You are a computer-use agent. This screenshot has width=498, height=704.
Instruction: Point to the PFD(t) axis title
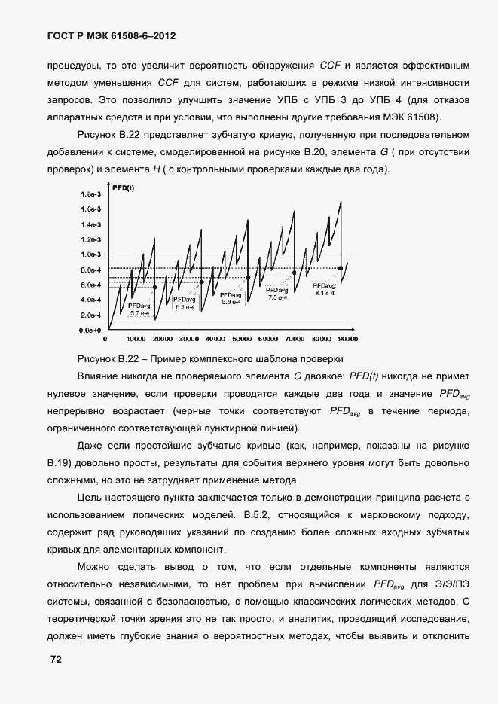(x=123, y=188)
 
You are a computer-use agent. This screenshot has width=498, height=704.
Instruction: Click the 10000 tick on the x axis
(x=136, y=338)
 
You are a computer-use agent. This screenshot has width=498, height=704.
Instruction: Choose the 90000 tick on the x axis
(x=347, y=338)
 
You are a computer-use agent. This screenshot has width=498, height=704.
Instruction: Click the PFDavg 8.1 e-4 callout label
(x=325, y=289)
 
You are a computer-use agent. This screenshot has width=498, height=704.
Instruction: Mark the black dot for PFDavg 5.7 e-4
(x=155, y=287)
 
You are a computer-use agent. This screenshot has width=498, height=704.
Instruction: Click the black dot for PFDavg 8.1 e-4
(x=341, y=267)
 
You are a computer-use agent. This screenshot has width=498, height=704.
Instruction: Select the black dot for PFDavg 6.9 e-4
(x=247, y=277)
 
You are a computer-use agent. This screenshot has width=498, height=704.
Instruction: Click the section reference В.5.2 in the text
(x=260, y=515)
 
